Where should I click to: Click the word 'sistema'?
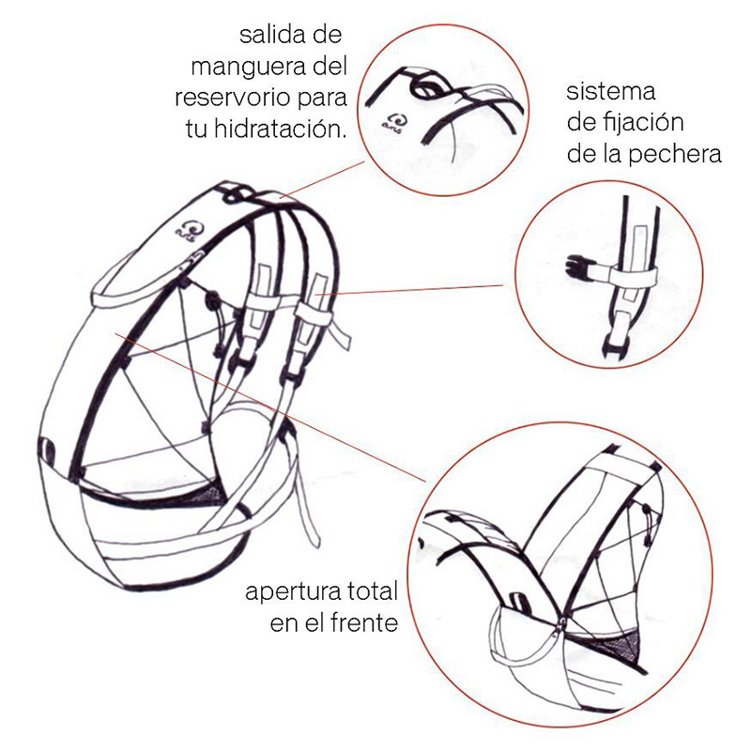[611, 92]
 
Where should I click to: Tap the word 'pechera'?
[676, 154]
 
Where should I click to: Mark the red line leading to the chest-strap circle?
[422, 289]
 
